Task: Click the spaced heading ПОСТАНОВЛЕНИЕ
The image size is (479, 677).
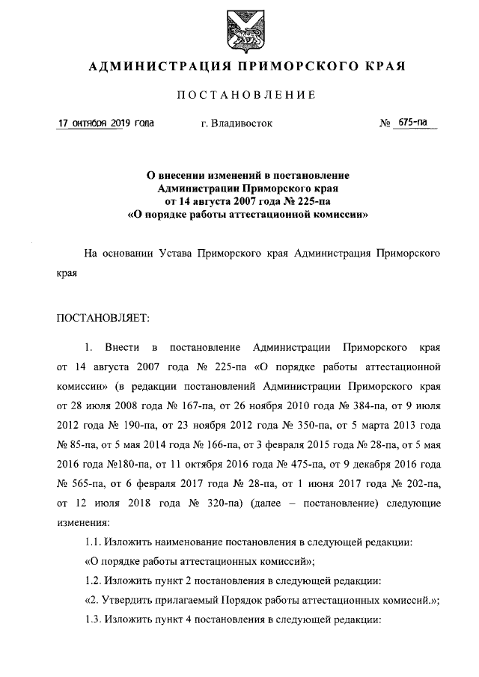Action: [239, 95]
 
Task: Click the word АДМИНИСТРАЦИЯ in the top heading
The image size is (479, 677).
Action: [154, 66]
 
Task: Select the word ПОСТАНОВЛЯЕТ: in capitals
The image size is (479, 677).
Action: [103, 317]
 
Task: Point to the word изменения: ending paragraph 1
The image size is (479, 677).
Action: [83, 521]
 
